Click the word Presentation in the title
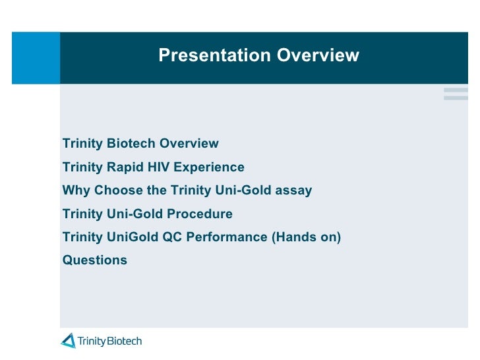pyautogui.click(x=214, y=55)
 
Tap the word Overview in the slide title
pyautogui.click(x=318, y=55)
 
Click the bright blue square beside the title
pyautogui.click(x=36, y=58)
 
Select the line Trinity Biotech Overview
pyautogui.click(x=140, y=144)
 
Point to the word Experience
pyautogui.click(x=209, y=167)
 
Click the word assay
pyautogui.click(x=293, y=191)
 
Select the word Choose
pyautogui.click(x=119, y=190)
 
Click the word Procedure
pyautogui.click(x=200, y=214)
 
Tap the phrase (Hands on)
pyautogui.click(x=307, y=237)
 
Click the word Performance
pyautogui.click(x=227, y=237)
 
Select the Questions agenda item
pyautogui.click(x=95, y=260)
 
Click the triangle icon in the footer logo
pyautogui.click(x=69, y=341)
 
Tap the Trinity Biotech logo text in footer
pyautogui.click(x=109, y=341)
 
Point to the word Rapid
pyautogui.click(x=125, y=167)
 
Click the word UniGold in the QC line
pyautogui.click(x=133, y=237)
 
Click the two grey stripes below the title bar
pyautogui.click(x=456, y=94)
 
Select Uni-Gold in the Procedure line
pyautogui.click(x=135, y=214)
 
